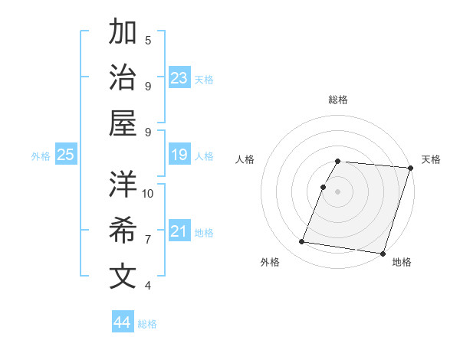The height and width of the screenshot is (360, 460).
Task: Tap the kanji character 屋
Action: tap(123, 123)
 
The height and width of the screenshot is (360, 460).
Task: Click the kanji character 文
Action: tap(123, 277)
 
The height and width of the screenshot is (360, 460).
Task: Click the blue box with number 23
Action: tap(179, 77)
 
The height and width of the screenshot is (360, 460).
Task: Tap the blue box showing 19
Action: tap(179, 155)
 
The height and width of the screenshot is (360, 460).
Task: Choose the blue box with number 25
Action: tap(65, 155)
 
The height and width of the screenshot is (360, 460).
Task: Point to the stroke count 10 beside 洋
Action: tap(148, 193)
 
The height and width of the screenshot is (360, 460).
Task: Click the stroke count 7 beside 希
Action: tap(148, 240)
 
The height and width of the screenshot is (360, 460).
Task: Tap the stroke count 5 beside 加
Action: tap(148, 41)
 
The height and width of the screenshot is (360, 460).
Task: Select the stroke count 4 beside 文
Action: tap(148, 286)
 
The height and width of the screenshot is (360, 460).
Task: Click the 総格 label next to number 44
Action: tap(147, 324)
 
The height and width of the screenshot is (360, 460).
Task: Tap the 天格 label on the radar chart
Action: tap(431, 159)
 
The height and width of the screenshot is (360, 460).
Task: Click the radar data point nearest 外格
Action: tap(302, 242)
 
